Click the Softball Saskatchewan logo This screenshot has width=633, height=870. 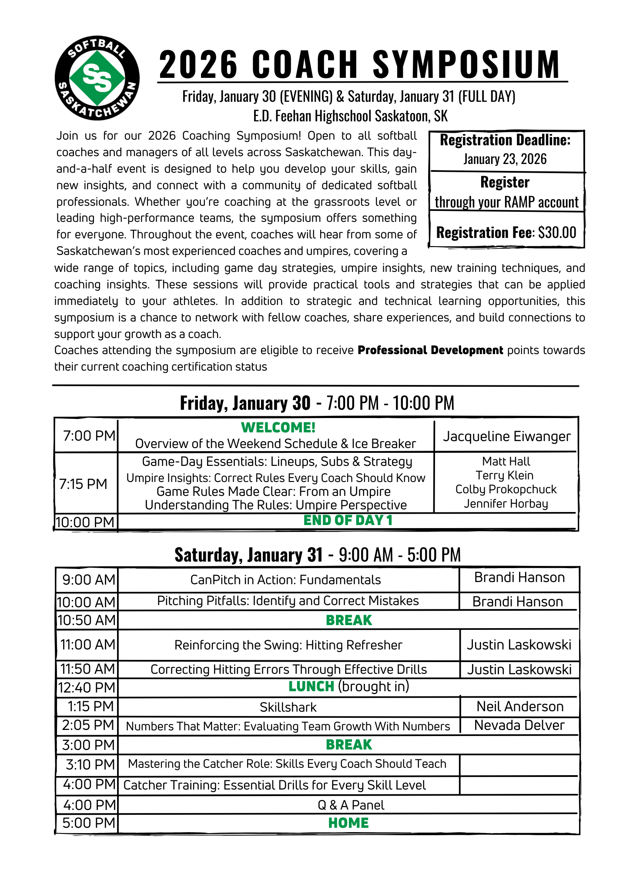(97, 78)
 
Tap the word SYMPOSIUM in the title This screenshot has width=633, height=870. (466, 64)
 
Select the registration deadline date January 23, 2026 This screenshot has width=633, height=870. (505, 159)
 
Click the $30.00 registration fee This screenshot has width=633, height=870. (557, 232)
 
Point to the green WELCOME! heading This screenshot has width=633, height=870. (278, 428)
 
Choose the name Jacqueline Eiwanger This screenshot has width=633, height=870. (506, 436)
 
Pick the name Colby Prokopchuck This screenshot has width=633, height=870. (506, 489)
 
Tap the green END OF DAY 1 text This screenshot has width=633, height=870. (348, 520)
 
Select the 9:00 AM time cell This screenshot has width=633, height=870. (89, 580)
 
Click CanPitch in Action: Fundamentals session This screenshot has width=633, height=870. (285, 580)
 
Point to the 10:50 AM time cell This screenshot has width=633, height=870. (87, 620)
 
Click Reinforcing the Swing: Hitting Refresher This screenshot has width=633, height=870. (288, 645)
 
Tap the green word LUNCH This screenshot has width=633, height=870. (311, 686)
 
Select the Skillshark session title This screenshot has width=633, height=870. (288, 707)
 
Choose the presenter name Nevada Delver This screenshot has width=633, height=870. (519, 725)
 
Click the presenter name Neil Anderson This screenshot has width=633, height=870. (520, 706)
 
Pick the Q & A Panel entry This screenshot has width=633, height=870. (351, 805)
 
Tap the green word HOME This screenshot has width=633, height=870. (348, 823)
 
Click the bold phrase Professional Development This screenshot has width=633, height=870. (430, 350)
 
